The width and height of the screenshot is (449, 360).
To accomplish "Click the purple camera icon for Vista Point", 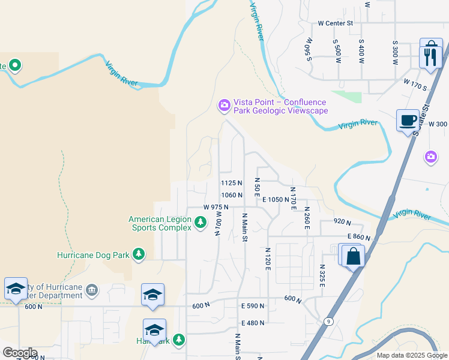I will pos(224,106).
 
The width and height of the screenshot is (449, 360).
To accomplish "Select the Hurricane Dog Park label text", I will pos(93,254).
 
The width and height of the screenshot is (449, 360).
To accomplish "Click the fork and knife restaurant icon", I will pos(432,56).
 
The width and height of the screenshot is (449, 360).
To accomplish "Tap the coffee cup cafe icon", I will pos(408,120).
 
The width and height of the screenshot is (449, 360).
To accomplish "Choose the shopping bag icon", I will pos(354,256).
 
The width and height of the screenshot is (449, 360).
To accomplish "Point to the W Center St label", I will pos(336,23).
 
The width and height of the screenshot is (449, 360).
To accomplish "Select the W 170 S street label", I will pos(415,85).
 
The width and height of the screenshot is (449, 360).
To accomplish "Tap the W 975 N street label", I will pos(215,207).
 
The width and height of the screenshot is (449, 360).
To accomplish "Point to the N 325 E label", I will pos(322,275).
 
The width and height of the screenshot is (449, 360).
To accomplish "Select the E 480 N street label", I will pos(253,323).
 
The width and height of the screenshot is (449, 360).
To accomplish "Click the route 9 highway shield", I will pos(329,322).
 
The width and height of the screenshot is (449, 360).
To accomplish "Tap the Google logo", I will pos(19,353).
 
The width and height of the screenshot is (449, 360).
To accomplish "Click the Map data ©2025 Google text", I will pos(411,355).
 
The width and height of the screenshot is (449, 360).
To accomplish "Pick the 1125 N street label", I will pos(231,183).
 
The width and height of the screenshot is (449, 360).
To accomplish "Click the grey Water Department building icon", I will pos(91,291).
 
